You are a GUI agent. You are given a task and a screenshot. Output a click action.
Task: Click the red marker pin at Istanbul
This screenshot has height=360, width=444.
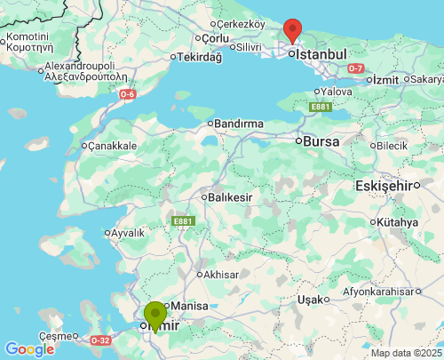[x=292, y=29]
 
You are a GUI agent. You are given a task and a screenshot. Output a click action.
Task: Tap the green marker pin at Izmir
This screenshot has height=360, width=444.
[x=155, y=315]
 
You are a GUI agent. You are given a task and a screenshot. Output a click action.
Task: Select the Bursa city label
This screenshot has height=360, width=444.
[x=321, y=140]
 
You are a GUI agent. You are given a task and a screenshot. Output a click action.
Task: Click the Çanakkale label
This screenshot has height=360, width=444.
[x=112, y=145]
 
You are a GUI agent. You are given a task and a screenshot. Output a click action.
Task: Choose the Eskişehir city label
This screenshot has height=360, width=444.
[x=385, y=185]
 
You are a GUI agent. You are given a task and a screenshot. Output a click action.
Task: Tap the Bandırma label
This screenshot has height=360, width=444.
[x=239, y=123]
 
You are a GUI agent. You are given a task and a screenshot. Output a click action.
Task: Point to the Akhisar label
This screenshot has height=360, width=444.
[x=221, y=275]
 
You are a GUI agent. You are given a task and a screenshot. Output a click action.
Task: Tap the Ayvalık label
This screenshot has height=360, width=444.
[x=126, y=233]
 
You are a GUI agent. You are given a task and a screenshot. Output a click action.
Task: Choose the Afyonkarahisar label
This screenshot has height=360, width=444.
[x=380, y=291]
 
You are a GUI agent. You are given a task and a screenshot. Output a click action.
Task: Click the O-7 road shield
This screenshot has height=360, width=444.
[x=356, y=68]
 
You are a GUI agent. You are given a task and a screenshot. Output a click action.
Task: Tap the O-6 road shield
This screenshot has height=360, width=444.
[x=128, y=93]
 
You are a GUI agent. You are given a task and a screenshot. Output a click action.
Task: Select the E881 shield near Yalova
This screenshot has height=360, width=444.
[x=321, y=107]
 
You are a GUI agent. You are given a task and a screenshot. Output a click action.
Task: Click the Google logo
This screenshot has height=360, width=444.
[x=28, y=349]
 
